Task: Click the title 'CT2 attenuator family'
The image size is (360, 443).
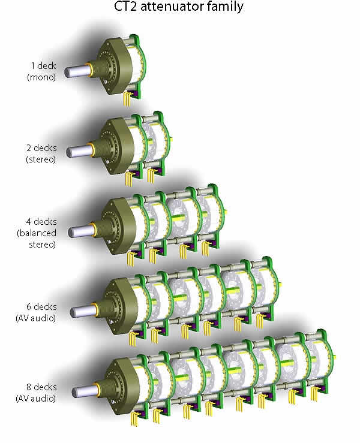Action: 181,8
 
